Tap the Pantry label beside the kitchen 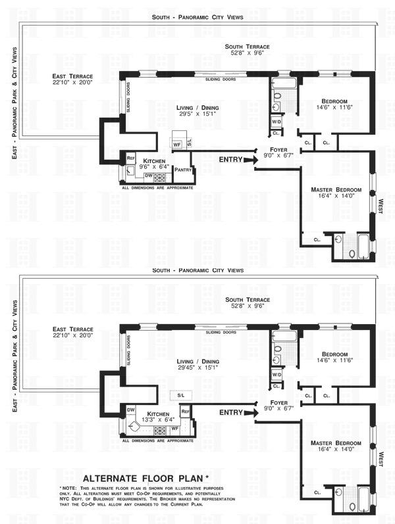click(x=182, y=170)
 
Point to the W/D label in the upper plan click(x=276, y=122)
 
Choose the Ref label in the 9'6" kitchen click(x=130, y=158)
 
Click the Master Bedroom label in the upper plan click(x=336, y=190)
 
